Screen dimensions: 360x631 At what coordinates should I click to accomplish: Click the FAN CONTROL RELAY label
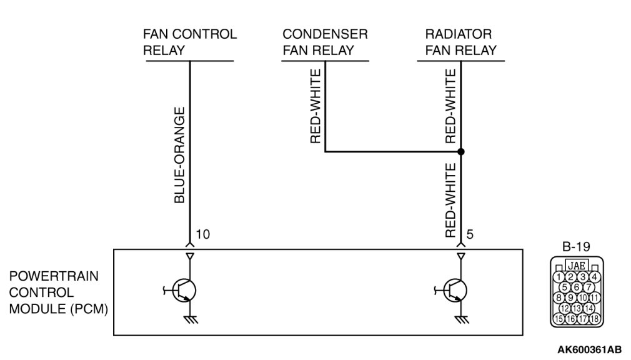pos(189,42)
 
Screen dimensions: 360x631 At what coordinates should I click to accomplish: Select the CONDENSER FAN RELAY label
pos(324,42)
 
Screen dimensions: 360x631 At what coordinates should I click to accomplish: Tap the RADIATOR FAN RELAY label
pos(460,42)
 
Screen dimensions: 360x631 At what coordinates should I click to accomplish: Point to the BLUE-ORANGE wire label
pos(179,155)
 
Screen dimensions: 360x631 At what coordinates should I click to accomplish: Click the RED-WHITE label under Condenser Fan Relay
pos(315,106)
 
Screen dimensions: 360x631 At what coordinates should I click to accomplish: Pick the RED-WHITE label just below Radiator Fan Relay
pos(450,106)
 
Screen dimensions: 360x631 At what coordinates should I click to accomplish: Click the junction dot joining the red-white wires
pos(460,152)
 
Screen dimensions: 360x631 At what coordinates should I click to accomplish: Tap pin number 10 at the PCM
pos(202,234)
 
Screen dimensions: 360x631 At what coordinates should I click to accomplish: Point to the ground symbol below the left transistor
pos(189,319)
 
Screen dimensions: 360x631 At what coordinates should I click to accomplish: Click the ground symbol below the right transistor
pos(460,319)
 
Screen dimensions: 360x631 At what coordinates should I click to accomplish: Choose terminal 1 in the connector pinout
pos(560,277)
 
